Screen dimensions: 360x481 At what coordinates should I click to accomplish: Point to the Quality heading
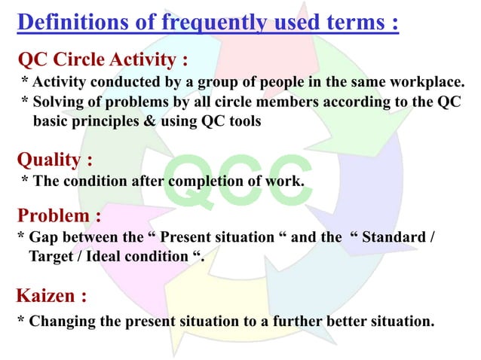[54, 160]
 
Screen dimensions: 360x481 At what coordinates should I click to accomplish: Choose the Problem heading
[59, 216]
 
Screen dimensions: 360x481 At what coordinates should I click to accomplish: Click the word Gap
[43, 238]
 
